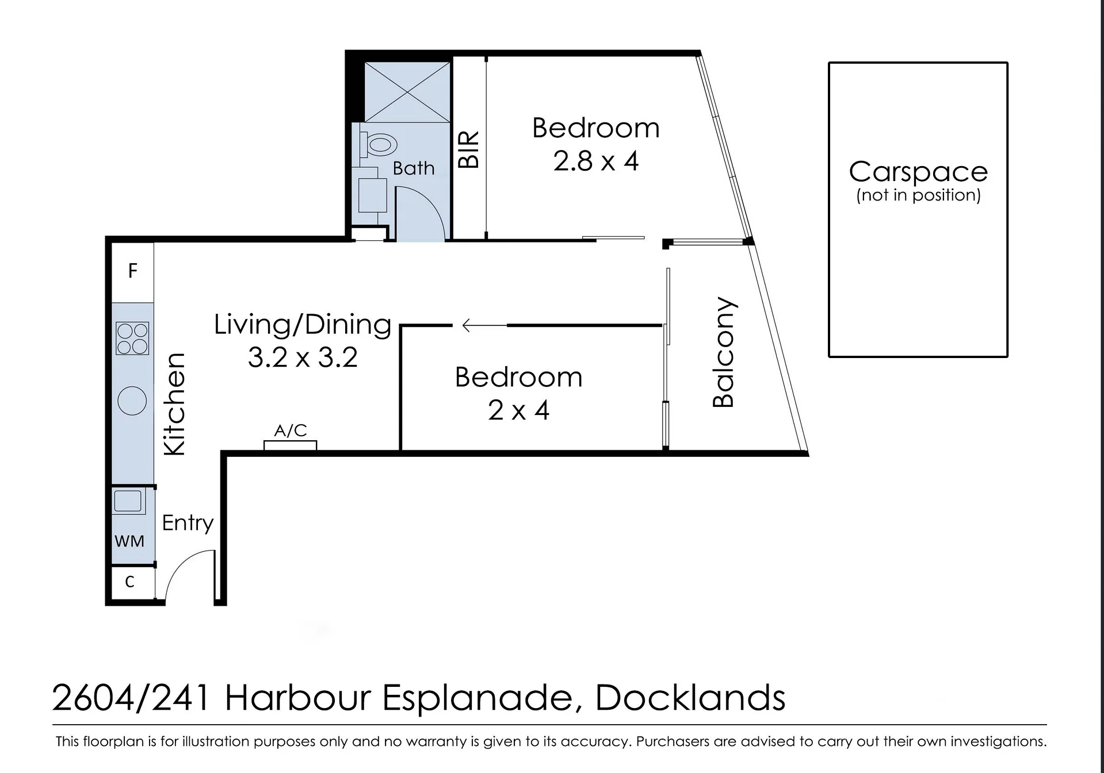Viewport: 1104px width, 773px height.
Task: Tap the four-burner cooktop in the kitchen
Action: coord(132,338)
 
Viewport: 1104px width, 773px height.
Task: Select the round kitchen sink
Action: coord(132,401)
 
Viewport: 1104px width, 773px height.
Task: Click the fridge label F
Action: coord(133,271)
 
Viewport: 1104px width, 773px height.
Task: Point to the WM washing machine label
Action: coord(129,541)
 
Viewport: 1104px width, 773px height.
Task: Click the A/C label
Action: coord(291,430)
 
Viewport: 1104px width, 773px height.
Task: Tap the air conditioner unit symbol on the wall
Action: coord(290,445)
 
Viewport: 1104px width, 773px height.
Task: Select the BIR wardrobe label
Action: coord(468,149)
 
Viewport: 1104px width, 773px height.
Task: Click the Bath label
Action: coord(414,168)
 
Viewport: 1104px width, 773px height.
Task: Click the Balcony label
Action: coord(724,352)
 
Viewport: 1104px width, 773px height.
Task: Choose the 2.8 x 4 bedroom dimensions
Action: coord(596,161)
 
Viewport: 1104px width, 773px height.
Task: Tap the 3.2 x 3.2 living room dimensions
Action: coord(303,357)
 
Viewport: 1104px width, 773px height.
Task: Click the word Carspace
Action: coord(918,172)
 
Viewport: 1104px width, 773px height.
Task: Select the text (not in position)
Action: coord(918,195)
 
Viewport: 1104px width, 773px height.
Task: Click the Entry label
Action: coord(188,523)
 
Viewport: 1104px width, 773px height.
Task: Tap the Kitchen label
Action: coord(174,405)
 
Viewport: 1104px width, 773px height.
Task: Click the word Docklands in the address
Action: coord(690,698)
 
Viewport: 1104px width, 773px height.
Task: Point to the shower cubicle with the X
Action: coord(407,92)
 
